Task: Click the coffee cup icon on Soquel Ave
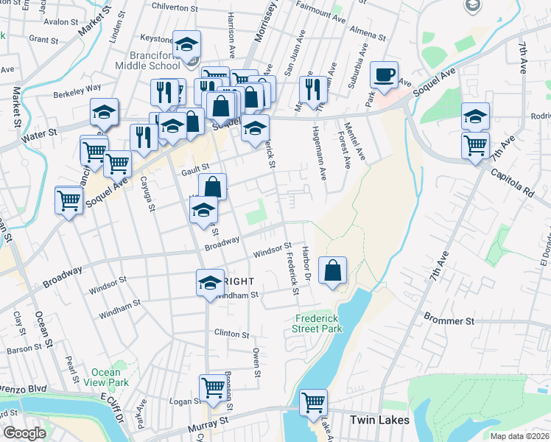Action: click(384, 74)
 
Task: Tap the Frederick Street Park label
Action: click(318, 324)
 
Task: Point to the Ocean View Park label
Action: click(110, 377)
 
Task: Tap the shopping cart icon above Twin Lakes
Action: click(313, 402)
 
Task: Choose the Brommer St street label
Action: click(448, 321)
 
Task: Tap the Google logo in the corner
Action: click(24, 433)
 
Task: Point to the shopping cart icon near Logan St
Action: click(212, 387)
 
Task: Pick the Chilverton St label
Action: click(175, 7)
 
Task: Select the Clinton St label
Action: click(232, 333)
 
